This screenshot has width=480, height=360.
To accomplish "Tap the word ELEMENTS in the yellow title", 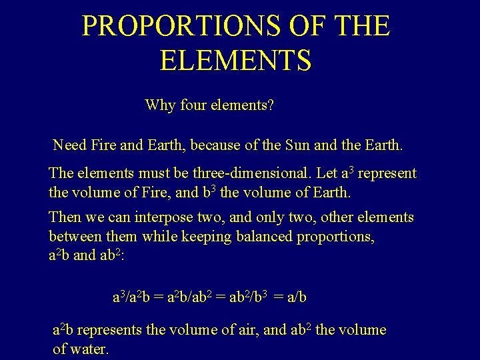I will pos(235,60).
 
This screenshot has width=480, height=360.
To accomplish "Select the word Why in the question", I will pos(159,105).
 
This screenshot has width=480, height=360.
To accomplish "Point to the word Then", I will pos(65,218).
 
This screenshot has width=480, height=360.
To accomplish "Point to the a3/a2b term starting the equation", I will pos(130,297).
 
